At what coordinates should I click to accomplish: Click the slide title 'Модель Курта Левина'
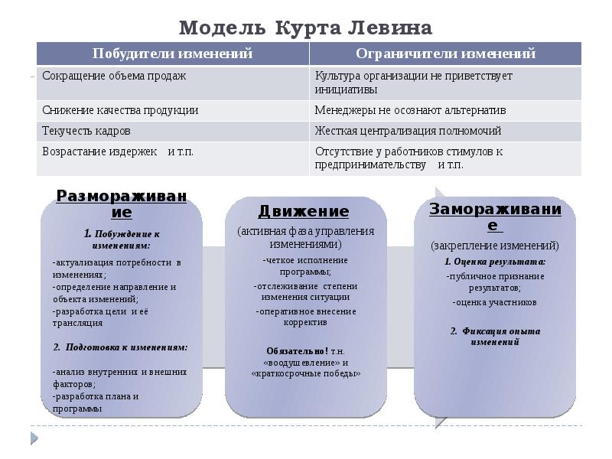click(x=305, y=28)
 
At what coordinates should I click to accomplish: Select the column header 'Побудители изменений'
click(x=172, y=54)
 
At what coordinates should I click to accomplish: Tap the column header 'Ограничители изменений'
click(x=445, y=54)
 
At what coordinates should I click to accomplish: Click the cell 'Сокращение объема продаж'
click(x=114, y=76)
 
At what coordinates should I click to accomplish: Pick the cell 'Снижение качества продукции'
click(x=120, y=110)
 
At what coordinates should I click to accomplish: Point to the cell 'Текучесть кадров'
click(x=86, y=131)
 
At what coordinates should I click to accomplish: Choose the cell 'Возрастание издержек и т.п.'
click(x=118, y=151)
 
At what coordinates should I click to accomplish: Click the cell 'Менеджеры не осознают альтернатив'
click(x=410, y=110)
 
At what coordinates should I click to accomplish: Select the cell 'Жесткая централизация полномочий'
click(x=408, y=131)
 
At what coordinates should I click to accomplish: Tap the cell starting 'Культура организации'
click(x=413, y=82)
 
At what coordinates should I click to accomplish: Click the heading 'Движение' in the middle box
click(x=303, y=211)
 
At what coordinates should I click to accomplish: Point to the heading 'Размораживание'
click(x=121, y=203)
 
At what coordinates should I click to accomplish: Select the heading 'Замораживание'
click(x=495, y=216)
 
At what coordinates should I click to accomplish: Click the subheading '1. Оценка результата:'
click(x=495, y=261)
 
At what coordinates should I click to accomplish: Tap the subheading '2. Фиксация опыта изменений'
click(x=495, y=337)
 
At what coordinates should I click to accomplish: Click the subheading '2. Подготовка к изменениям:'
click(x=121, y=347)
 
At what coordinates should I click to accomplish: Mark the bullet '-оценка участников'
click(x=495, y=302)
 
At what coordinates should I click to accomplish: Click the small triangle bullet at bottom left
click(x=34, y=438)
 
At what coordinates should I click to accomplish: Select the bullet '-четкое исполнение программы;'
click(x=304, y=265)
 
